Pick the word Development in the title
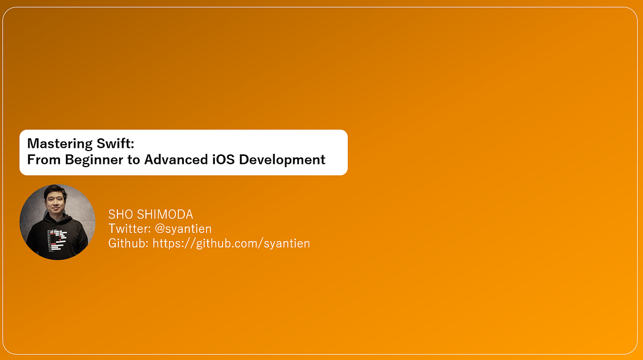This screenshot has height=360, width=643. coord(282,160)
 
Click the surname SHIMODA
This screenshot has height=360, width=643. coord(165,215)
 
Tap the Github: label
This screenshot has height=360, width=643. coord(129,243)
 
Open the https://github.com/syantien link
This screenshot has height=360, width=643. coord(231,243)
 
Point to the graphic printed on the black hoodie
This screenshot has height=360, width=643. coord(57,239)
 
